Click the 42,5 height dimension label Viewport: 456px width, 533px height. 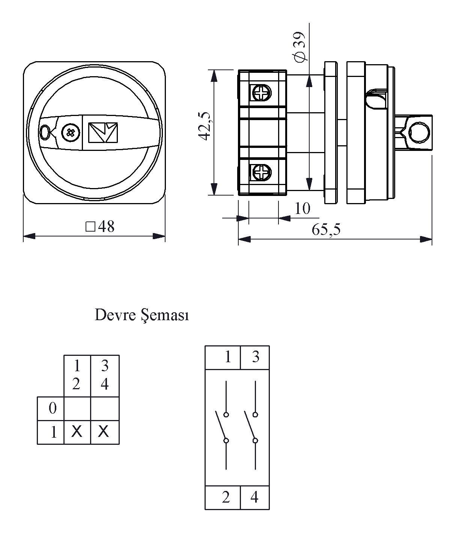205,126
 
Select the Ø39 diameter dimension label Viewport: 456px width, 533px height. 299,47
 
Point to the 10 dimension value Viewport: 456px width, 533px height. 302,209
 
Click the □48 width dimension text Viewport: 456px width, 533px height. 100,227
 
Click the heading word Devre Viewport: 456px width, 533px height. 115,315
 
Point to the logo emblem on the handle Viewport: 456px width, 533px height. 103,132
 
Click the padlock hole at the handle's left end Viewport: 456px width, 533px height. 45,132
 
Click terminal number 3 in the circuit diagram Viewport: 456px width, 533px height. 256,357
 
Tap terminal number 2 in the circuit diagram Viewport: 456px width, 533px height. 226,497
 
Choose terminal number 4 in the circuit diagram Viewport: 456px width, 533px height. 254,497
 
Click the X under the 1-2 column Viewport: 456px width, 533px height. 77,432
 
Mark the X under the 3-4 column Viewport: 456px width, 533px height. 104,432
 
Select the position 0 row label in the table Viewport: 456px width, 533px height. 53,408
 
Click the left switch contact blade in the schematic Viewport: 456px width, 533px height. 221,426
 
